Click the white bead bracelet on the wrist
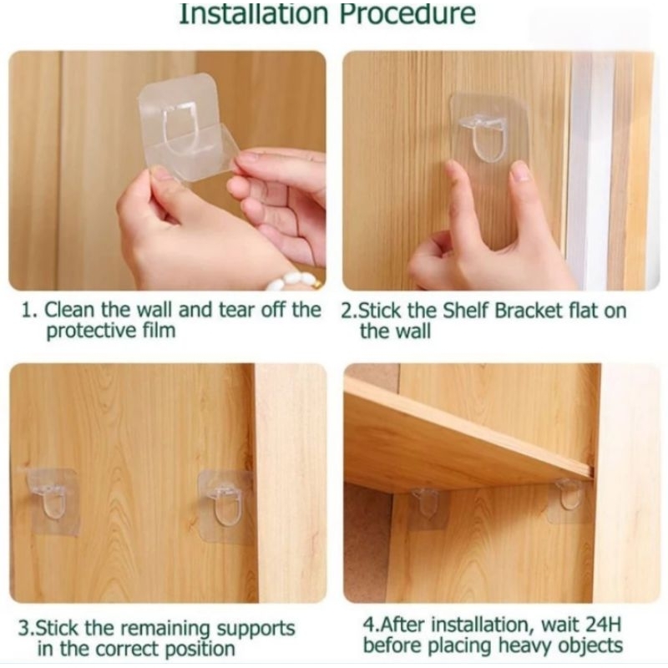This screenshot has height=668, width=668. point(294,281)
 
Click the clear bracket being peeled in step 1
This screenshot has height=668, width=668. point(187,127)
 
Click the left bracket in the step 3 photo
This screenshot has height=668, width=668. point(50,500)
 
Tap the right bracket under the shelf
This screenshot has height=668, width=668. point(569,498)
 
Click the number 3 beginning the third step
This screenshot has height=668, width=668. point(25,630)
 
